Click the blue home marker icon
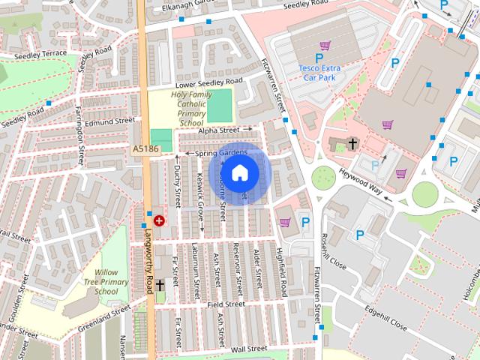click(x=239, y=173)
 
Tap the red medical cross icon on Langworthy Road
click(x=159, y=220)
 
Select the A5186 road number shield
click(x=145, y=150)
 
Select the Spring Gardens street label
click(x=221, y=154)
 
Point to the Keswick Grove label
click(x=200, y=196)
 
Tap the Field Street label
click(x=226, y=305)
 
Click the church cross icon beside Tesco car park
click(x=352, y=143)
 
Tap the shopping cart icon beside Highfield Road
click(x=285, y=222)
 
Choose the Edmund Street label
click(x=109, y=120)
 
